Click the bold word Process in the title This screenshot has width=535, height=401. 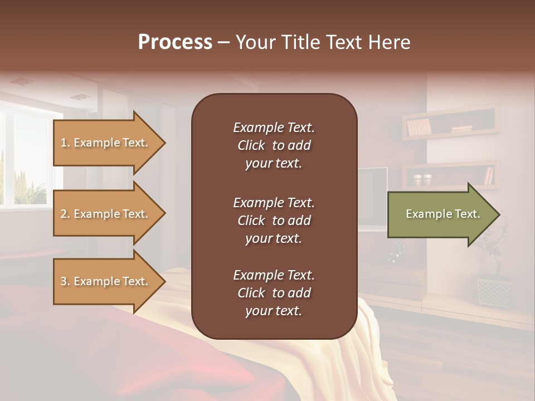coord(175,42)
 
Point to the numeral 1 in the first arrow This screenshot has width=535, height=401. coord(64,143)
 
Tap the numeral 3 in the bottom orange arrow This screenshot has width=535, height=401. coord(64,281)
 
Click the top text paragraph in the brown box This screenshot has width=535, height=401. coord(274,145)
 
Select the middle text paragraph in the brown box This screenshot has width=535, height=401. coord(274,221)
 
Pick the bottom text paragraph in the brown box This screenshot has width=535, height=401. coord(274,293)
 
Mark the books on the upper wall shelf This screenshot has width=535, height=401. coord(419,127)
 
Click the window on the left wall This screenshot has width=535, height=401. coord(25,159)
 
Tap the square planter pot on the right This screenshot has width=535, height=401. coord(494,291)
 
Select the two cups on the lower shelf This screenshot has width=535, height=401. coord(422,180)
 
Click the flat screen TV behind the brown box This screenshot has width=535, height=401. coord(372,198)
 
